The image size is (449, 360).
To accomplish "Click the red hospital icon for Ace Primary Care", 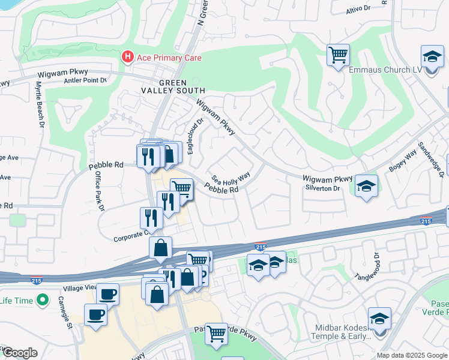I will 127,58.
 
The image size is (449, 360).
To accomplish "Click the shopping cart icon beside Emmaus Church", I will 339,55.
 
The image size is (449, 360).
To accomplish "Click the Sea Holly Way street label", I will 230,179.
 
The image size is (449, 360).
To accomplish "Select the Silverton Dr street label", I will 324,188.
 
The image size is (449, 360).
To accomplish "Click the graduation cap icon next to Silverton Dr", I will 366,186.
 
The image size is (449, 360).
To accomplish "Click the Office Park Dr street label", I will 100,191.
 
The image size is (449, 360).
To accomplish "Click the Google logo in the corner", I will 19,353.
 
